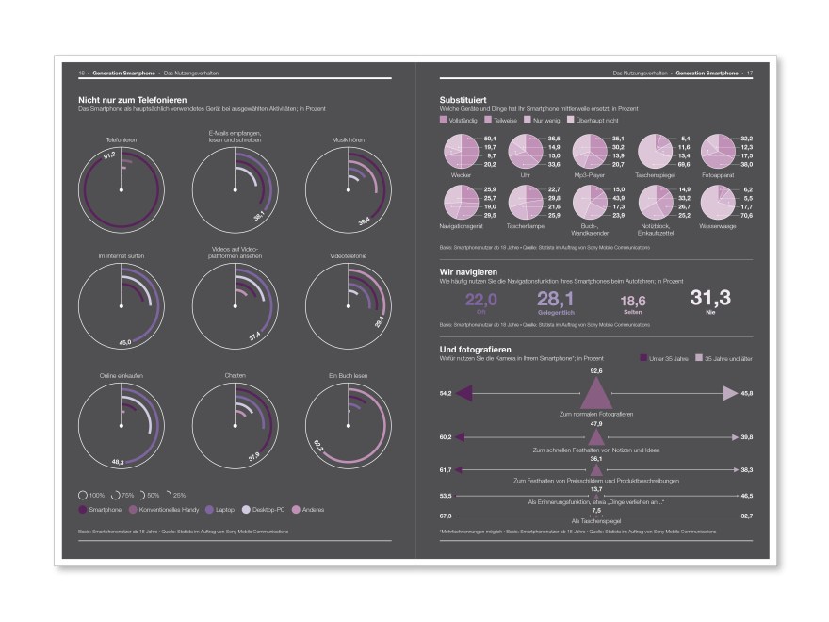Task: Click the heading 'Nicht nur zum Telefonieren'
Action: pyautogui.click(x=132, y=99)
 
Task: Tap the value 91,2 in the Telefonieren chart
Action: pyautogui.click(x=109, y=155)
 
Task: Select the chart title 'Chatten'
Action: pyautogui.click(x=236, y=377)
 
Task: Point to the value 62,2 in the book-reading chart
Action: pyautogui.click(x=317, y=443)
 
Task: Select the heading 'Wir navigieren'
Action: pyautogui.click(x=468, y=271)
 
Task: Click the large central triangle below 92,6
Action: pyautogui.click(x=595, y=392)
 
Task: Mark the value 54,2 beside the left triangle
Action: pyautogui.click(x=446, y=391)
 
